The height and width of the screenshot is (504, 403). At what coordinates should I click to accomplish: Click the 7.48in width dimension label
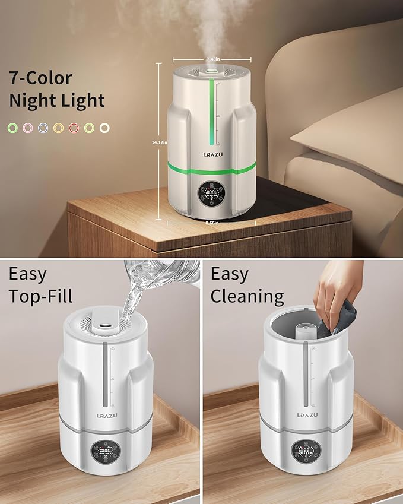pos(212,59)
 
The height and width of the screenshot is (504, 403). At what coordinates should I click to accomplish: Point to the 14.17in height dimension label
pos(160,142)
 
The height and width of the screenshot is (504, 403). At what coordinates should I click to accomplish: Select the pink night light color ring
pos(27,128)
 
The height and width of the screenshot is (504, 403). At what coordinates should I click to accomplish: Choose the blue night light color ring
pos(43,128)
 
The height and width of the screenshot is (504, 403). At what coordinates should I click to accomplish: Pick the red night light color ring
pos(74,128)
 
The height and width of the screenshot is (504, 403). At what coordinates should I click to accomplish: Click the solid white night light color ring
pos(105,128)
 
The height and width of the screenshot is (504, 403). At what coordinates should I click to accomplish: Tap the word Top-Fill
pos(42,296)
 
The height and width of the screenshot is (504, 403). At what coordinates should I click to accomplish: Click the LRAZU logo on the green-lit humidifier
pos(212,155)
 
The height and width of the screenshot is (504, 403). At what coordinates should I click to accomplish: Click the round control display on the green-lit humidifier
pos(212,194)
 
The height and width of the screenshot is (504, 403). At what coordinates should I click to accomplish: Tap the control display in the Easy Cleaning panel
pos(306,452)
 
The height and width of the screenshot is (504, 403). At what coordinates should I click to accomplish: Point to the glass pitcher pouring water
pos(160,274)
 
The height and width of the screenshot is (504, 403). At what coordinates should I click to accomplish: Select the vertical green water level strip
pos(212,113)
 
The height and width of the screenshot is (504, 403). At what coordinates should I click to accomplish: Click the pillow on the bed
pos(347,137)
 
